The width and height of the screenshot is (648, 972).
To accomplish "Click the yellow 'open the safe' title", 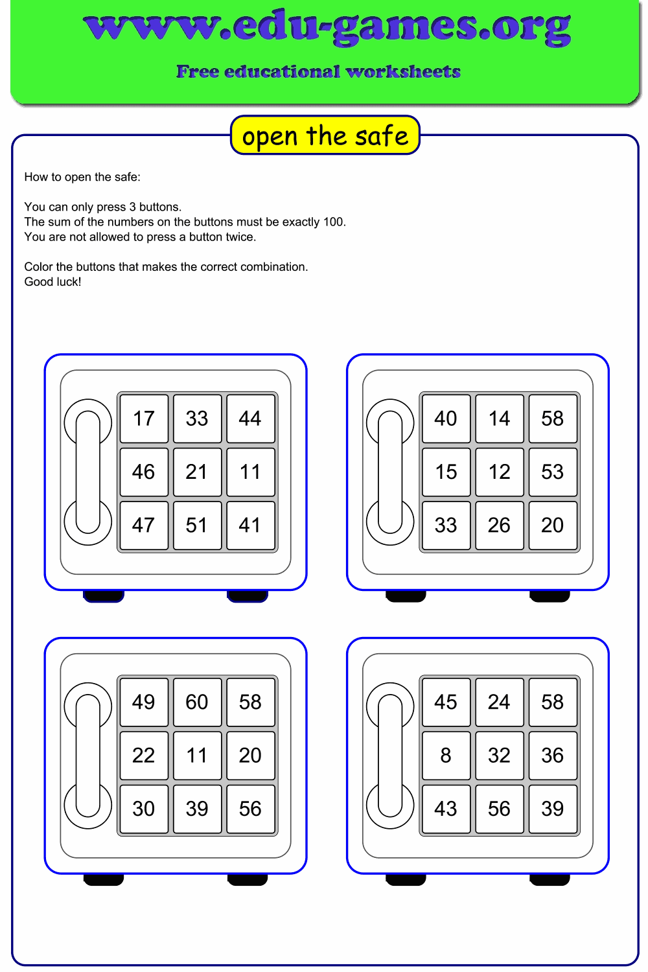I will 325,135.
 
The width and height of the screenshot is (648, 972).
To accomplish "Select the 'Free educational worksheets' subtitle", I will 318,71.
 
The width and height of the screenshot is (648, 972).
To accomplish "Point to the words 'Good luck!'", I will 52,282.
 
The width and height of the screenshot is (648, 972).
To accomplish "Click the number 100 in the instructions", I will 333,222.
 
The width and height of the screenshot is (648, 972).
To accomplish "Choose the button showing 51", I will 197,525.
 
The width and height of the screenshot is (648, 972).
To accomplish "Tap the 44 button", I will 250,419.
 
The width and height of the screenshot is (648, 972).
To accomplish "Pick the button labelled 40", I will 446,419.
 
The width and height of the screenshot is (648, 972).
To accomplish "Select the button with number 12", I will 499,472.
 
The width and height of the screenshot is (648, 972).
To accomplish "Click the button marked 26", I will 499,525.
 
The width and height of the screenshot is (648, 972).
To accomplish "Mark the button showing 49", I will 144,702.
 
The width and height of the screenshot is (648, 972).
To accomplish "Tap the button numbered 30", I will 144,808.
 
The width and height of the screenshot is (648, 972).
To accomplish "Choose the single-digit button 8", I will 446,755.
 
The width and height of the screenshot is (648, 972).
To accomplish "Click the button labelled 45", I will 446,702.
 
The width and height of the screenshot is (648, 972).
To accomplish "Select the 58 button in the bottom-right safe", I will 552,702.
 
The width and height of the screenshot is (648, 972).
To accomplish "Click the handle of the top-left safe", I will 88,472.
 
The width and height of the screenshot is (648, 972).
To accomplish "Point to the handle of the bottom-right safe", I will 390,755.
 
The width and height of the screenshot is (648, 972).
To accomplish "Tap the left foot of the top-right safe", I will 406,596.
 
